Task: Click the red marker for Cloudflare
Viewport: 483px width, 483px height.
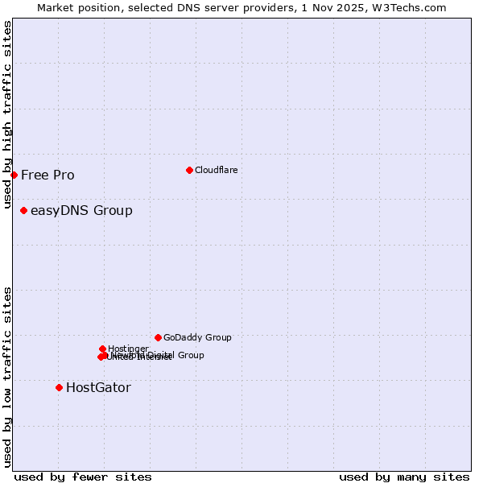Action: (189, 170)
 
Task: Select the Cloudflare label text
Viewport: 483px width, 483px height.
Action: (216, 170)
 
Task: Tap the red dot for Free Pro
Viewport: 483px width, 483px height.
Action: (14, 175)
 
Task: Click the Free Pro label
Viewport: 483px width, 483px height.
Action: (47, 175)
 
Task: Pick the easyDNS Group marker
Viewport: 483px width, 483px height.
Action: (23, 210)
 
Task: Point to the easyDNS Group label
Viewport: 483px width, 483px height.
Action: (81, 211)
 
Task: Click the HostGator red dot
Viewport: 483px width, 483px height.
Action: (59, 387)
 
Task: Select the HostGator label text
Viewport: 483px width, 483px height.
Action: (98, 388)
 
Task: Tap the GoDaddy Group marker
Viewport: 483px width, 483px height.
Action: (158, 337)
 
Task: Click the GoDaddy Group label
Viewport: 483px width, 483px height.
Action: (197, 338)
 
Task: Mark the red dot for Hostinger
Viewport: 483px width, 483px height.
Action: (102, 349)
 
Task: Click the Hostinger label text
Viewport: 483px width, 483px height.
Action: (128, 349)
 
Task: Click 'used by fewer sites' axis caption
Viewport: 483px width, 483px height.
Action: (83, 477)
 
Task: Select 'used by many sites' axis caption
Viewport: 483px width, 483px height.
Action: (404, 477)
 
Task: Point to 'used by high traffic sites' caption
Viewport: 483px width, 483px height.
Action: (8, 114)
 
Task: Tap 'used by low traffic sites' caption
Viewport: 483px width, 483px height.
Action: (8, 377)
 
